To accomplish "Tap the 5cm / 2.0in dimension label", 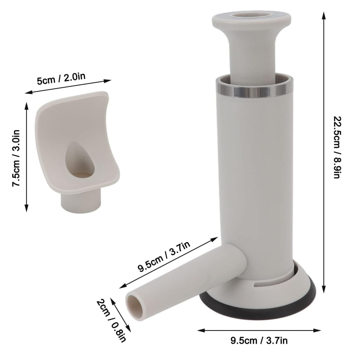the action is (x=61, y=79).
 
